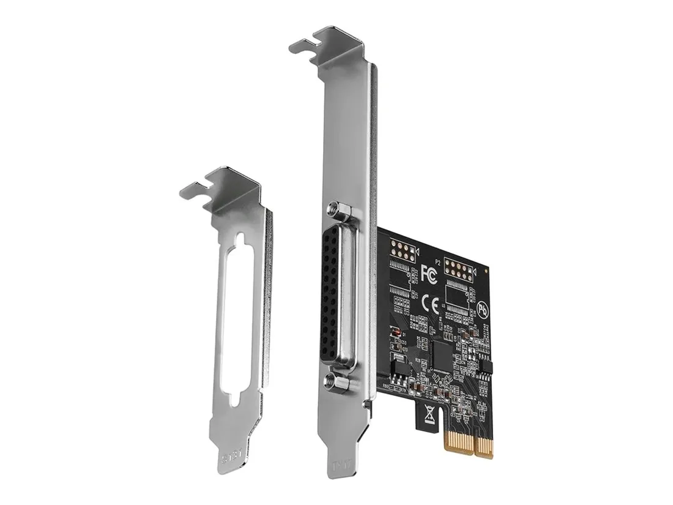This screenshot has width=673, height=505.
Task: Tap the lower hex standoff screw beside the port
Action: click(x=337, y=381)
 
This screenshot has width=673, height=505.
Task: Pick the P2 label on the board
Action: click(x=439, y=260)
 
